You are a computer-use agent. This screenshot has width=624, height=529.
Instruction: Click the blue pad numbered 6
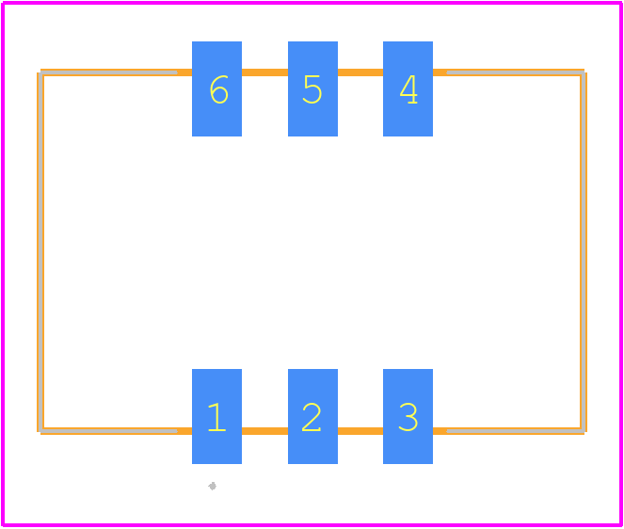pyautogui.click(x=216, y=88)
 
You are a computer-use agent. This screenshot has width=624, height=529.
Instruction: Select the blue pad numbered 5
pyautogui.click(x=312, y=88)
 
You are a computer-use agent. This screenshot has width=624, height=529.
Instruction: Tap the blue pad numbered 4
pyautogui.click(x=408, y=88)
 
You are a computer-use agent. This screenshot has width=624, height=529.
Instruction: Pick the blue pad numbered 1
pyautogui.click(x=216, y=416)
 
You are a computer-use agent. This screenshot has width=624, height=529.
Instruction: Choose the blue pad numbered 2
pyautogui.click(x=312, y=416)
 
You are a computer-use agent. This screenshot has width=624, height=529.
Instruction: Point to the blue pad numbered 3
pyautogui.click(x=408, y=416)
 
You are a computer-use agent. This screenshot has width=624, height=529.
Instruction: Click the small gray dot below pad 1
pyautogui.click(x=213, y=486)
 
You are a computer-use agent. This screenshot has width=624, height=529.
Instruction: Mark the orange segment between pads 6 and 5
pyautogui.click(x=265, y=72)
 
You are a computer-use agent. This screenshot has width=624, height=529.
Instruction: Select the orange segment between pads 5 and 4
pyautogui.click(x=360, y=72)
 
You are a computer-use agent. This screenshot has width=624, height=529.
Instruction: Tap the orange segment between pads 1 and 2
pyautogui.click(x=265, y=431)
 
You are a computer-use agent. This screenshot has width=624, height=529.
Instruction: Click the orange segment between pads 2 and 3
pyautogui.click(x=360, y=431)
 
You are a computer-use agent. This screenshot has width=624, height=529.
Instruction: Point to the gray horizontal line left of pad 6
pyautogui.click(x=108, y=72)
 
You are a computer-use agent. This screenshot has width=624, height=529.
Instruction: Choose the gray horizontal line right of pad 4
pyautogui.click(x=516, y=72)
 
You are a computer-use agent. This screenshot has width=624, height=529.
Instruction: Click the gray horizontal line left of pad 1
pyautogui.click(x=108, y=431)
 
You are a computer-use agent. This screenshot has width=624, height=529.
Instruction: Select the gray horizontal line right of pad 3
pyautogui.click(x=516, y=431)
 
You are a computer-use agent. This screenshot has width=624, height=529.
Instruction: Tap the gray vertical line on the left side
pyautogui.click(x=41, y=251)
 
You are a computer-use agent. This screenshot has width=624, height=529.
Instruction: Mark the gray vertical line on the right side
pyautogui.click(x=583, y=251)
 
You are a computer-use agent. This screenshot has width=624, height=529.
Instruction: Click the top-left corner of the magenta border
pyautogui.click(x=3, y=3)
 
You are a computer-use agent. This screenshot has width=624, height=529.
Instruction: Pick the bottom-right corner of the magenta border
pyautogui.click(x=621, y=525)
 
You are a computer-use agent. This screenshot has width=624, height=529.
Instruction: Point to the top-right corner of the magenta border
pyautogui.click(x=621, y=3)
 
